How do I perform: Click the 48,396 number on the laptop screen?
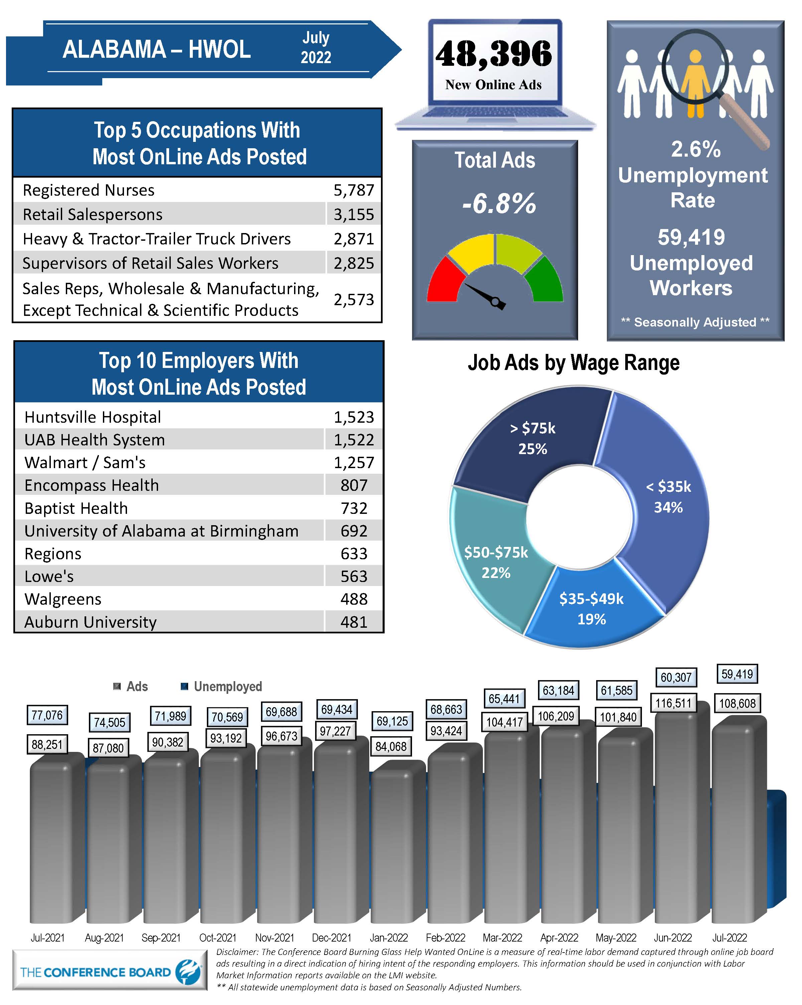493,54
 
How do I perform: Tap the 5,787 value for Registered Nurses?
353,190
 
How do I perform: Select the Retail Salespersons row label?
92,214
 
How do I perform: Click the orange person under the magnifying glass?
695,84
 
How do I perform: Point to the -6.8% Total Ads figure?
498,204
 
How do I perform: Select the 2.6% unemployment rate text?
695,149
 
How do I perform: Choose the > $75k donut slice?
532,438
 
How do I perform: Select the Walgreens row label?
63,599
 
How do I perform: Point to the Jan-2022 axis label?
388,938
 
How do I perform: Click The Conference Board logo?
110,972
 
